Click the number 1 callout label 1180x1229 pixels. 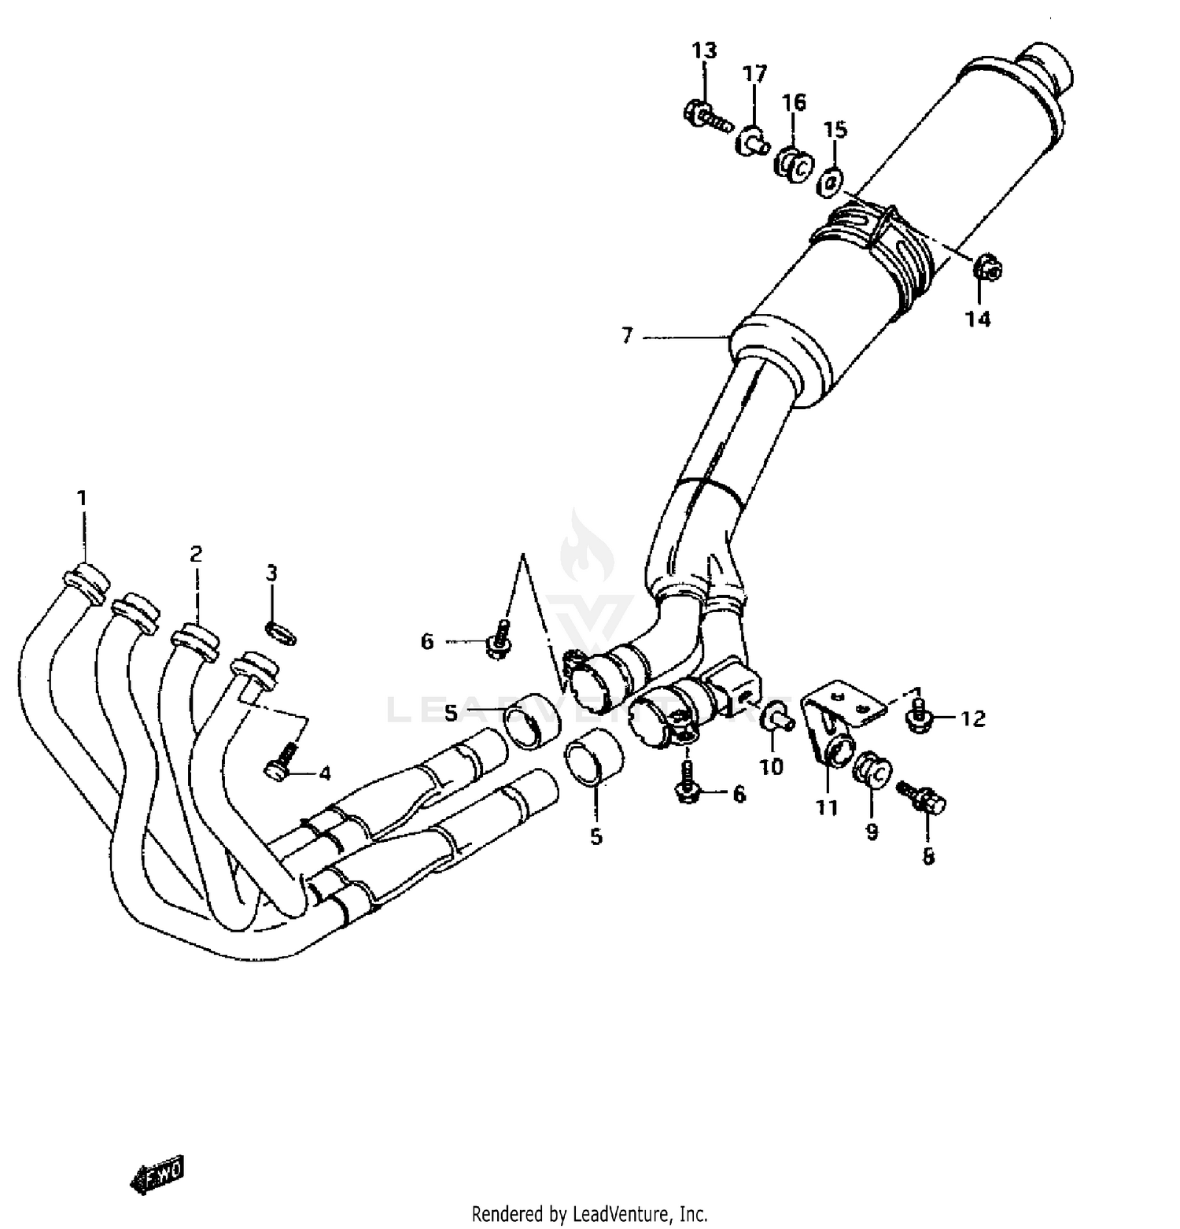[82, 498]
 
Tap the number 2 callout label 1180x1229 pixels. [196, 554]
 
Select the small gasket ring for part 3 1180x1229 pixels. [282, 631]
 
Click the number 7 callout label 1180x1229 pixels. [626, 337]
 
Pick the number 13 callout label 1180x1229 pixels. [704, 51]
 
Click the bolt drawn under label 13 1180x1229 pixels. [706, 116]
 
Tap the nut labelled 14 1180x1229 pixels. [987, 268]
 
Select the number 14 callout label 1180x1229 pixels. [978, 319]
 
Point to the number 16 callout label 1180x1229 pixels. [794, 102]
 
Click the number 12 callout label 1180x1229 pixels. [972, 718]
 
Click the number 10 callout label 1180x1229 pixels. [772, 766]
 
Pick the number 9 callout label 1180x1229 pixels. [872, 832]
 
